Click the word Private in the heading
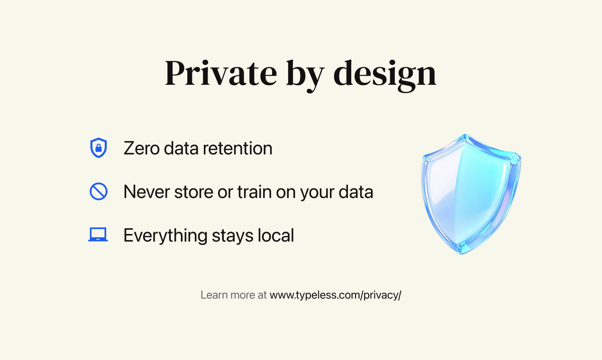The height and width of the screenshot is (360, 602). coord(220,73)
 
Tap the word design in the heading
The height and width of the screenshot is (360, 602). coord(384,74)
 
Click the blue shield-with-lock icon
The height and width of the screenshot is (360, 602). coord(99,148)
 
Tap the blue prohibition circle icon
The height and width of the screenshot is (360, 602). coord(99,191)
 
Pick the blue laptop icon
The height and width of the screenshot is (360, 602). coord(98,235)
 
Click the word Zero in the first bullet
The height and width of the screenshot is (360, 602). coord(141,148)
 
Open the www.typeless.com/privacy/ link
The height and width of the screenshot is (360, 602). coord(335,295)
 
